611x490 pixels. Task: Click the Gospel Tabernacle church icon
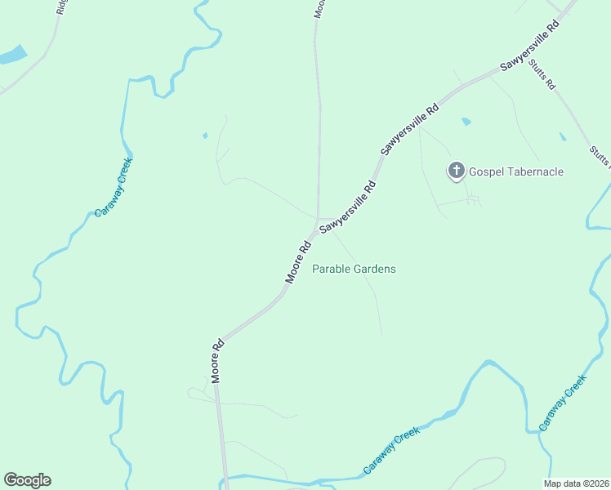[456, 171]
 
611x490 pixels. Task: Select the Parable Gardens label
[354, 269]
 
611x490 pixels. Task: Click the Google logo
[27, 480]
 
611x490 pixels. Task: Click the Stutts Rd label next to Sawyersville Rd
[542, 73]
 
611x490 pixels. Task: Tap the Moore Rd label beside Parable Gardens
[298, 261]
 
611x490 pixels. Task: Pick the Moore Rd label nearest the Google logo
[217, 361]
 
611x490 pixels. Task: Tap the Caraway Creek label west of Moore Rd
[113, 188]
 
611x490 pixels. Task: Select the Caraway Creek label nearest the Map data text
[563, 403]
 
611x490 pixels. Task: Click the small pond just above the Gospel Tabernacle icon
[466, 122]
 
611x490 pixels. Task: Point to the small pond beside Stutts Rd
[562, 136]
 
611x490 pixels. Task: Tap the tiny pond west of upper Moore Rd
[205, 135]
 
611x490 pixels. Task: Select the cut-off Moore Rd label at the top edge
[319, 8]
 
